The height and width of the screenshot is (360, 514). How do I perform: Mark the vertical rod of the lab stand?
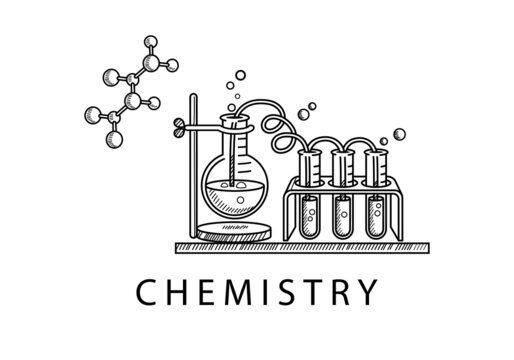(x=191, y=170)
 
